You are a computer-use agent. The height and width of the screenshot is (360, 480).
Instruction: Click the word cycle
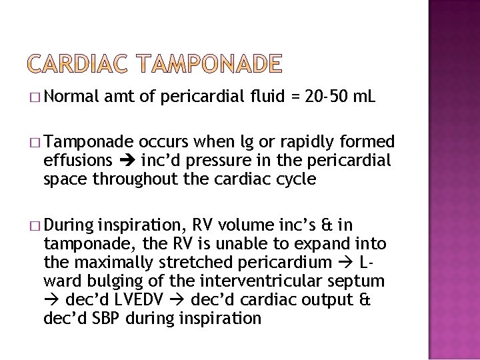coord(291,179)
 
